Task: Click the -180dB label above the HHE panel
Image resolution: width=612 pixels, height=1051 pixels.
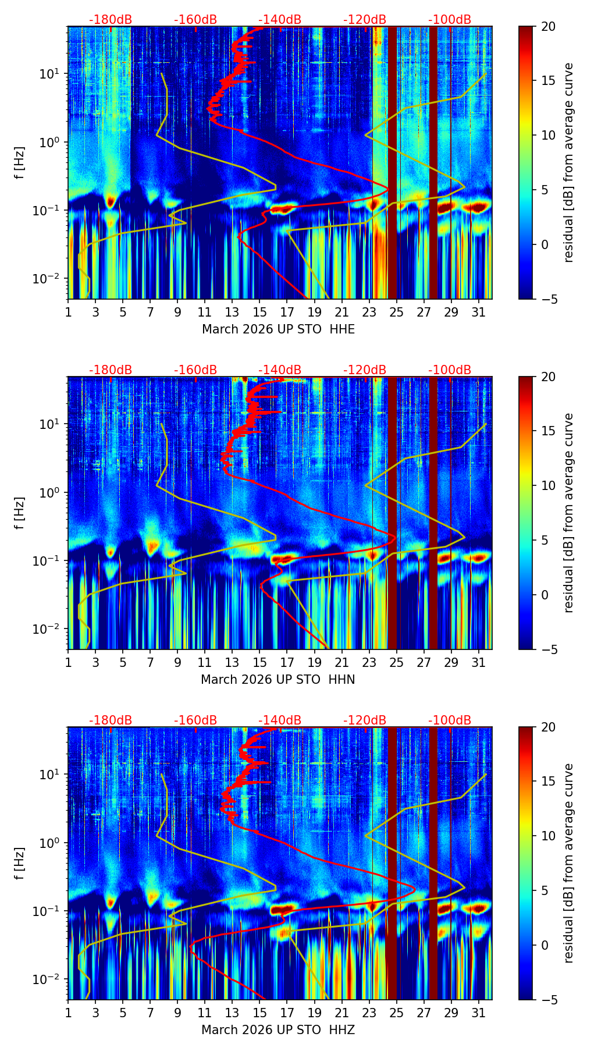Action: [x=111, y=20]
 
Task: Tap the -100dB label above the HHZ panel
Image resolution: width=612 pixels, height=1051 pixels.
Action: [x=450, y=720]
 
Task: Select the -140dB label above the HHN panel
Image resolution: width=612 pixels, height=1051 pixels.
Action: [x=280, y=370]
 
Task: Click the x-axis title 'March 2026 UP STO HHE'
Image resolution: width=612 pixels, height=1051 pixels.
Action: [x=278, y=329]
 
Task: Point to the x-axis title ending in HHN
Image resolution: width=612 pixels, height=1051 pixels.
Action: [x=278, y=680]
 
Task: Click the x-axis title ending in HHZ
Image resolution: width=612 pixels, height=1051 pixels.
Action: [x=278, y=1030]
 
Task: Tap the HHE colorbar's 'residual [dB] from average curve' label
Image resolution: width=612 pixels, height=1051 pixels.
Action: [x=568, y=162]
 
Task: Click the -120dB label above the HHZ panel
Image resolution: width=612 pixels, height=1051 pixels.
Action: [x=365, y=720]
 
